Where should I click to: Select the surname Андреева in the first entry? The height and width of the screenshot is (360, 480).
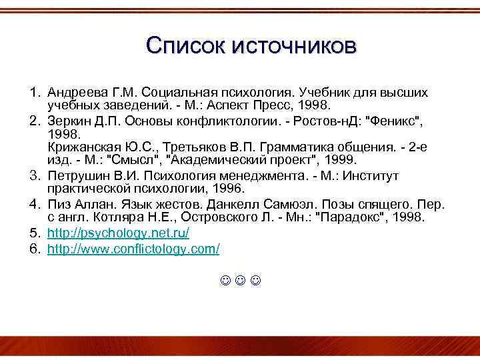click(76, 91)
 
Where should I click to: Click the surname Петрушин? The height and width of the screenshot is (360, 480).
click(75, 175)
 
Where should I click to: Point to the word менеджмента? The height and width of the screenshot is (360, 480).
click(270, 175)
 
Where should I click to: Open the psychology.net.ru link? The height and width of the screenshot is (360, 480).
click(119, 233)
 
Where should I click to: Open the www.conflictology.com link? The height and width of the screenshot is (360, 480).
click(133, 248)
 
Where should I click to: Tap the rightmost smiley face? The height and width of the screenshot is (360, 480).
click(256, 281)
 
